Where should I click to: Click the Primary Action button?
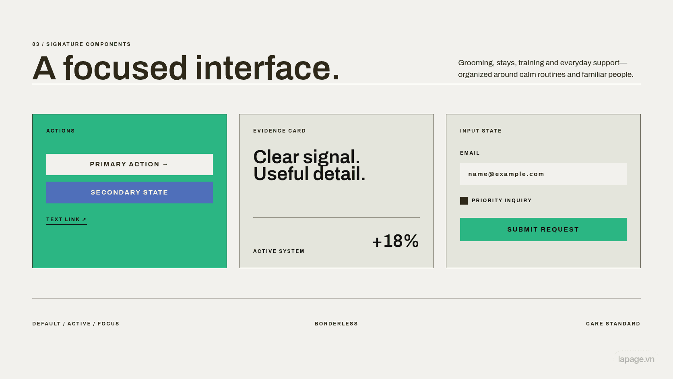click(x=130, y=164)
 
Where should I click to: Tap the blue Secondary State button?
click(x=130, y=193)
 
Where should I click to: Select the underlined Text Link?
click(x=66, y=220)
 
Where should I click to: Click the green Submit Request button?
click(x=543, y=230)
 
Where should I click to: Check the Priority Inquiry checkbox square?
click(x=464, y=201)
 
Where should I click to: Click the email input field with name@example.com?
click(x=543, y=174)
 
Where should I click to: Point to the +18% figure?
click(x=395, y=241)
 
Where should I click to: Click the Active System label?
click(x=279, y=251)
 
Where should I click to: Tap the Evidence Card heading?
click(x=279, y=131)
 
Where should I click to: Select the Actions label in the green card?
click(x=60, y=131)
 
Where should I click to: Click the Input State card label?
click(x=481, y=131)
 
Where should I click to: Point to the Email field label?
click(x=470, y=153)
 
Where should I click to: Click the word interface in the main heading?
click(x=268, y=68)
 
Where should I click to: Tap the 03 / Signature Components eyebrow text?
click(x=81, y=44)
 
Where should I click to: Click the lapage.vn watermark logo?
click(x=636, y=359)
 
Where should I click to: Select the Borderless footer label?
click(x=336, y=324)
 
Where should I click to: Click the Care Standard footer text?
click(x=613, y=324)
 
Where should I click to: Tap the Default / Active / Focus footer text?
click(x=76, y=324)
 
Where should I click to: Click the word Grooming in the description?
click(x=476, y=63)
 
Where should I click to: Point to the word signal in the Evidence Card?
click(x=331, y=157)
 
